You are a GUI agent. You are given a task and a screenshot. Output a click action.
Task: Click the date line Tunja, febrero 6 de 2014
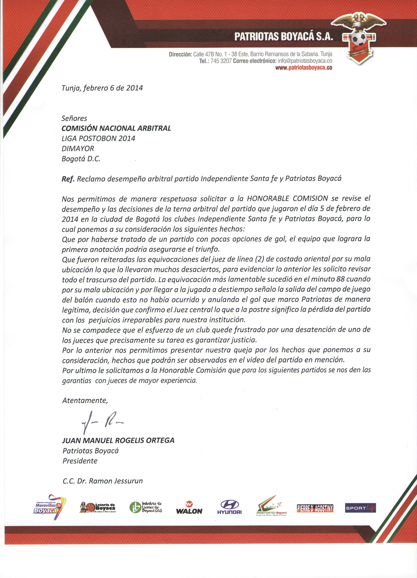(102, 88)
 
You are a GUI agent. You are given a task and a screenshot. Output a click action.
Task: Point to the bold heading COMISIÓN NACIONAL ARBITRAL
(116, 128)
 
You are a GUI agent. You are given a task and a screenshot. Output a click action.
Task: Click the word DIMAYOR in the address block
(78, 148)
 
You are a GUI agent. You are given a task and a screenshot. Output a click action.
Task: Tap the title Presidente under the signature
(80, 461)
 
